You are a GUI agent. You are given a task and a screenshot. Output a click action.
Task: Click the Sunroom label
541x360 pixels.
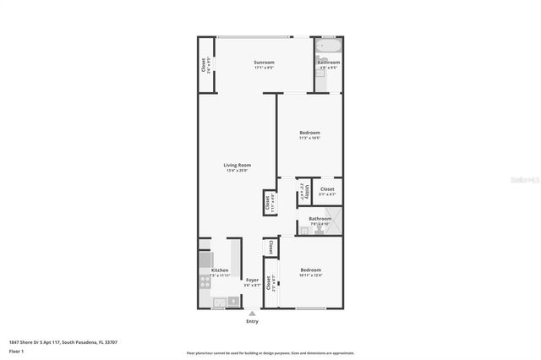pyautogui.click(x=264, y=63)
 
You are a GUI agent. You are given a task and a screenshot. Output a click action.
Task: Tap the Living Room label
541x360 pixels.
pyautogui.click(x=237, y=165)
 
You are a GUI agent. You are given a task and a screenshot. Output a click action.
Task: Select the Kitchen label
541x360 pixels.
pyautogui.click(x=220, y=270)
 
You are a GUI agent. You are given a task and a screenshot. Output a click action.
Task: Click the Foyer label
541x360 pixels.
pyautogui.click(x=252, y=280)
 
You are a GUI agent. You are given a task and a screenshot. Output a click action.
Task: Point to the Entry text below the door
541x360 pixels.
pyautogui.click(x=252, y=321)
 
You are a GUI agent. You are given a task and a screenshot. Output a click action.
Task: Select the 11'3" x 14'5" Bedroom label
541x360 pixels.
pyautogui.click(x=309, y=133)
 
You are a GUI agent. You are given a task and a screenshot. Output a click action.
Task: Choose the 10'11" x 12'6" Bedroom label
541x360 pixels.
pyautogui.click(x=310, y=270)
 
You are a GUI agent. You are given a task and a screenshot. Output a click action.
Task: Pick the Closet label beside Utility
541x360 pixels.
pyautogui.click(x=327, y=189)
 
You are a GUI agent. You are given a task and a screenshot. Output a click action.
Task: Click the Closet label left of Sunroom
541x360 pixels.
pyautogui.click(x=205, y=64)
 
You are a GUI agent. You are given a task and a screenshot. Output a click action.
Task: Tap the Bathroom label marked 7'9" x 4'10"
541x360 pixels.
pyautogui.click(x=320, y=219)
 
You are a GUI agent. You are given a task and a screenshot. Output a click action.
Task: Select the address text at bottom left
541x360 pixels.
pyautogui.click(x=63, y=341)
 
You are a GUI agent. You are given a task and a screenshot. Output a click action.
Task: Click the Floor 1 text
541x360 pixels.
pyautogui.click(x=16, y=350)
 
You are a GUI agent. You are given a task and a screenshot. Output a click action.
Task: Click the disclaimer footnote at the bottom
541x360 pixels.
pyautogui.click(x=270, y=353)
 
